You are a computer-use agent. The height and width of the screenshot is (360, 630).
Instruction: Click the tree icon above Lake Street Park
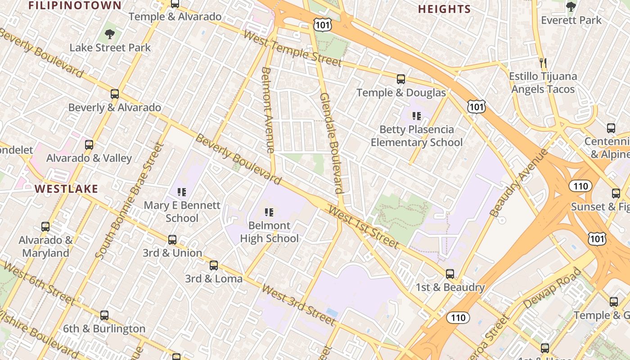coord(109,34)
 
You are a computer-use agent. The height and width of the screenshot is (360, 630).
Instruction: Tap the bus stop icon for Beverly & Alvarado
coord(115,94)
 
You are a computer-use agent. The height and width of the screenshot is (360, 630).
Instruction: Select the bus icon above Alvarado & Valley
coord(89,144)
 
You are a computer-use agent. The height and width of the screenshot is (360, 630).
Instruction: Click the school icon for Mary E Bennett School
coord(182,192)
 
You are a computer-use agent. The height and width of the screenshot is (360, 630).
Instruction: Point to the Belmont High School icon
coord(269,212)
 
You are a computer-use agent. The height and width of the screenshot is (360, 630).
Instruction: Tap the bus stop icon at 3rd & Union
coord(172,239)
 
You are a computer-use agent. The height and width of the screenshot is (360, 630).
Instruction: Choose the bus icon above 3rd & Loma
coord(214,265)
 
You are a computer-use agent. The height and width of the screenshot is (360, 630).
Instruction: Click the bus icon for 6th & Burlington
coord(104,315)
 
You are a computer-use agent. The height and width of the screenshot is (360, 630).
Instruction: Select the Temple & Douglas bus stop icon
coord(401,79)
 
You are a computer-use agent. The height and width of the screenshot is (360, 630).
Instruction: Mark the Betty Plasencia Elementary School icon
coord(417,116)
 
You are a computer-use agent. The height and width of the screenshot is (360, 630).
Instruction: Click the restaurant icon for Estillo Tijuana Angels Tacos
coord(543,63)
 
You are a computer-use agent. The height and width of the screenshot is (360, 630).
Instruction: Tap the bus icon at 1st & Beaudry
coord(450,274)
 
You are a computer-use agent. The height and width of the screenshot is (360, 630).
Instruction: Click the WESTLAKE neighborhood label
coord(66,189)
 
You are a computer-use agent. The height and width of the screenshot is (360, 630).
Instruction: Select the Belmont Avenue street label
coord(268,110)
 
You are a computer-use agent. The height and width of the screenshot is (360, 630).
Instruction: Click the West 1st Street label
coord(364,227)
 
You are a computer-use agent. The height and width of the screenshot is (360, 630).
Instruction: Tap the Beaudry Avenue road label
coord(519,182)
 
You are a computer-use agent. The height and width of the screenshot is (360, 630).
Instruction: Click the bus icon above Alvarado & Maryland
coord(45,226)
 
